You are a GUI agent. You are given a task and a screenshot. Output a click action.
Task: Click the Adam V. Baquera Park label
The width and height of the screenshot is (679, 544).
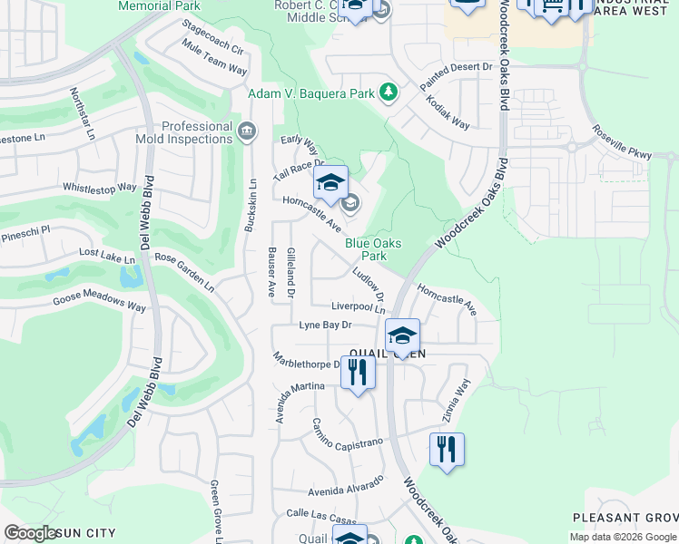point(312,93)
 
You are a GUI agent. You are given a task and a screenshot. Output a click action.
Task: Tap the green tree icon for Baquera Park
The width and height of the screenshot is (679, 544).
point(389,92)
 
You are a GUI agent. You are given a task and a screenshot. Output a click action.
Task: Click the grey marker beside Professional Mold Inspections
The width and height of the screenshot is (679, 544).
point(246,132)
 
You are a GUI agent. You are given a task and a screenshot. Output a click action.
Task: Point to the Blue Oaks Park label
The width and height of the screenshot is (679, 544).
point(372,249)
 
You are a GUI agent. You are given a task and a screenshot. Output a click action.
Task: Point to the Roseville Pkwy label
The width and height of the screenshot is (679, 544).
point(622,142)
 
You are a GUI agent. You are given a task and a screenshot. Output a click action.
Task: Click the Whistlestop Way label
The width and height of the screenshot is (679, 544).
point(99,189)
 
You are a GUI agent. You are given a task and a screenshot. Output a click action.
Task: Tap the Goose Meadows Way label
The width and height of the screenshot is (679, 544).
point(100,303)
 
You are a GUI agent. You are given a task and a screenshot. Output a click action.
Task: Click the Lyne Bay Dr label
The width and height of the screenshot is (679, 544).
point(324,325)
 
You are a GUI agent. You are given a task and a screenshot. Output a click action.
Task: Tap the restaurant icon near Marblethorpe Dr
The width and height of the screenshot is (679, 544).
point(358,372)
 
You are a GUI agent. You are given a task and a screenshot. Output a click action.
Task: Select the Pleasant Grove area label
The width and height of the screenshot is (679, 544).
point(625,518)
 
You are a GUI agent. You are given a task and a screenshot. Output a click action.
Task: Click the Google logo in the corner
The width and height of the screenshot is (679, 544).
point(32,533)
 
